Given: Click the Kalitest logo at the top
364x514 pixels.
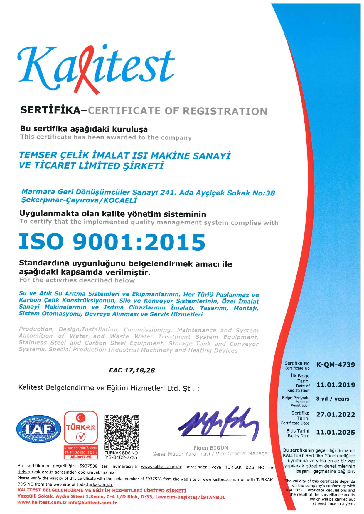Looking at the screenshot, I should tap(96, 69).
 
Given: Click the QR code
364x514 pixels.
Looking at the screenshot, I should tap(122, 432).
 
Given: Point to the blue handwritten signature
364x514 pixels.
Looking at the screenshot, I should tap(219, 422).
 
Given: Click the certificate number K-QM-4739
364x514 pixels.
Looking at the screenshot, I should tap(336, 365).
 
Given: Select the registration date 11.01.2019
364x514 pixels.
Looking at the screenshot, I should tap(336, 385).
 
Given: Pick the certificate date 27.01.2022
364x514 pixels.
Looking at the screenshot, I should tap(336, 415).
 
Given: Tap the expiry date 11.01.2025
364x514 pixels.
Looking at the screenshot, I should tap(336, 433).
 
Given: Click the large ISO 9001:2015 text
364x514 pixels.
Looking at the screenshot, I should tap(112, 242).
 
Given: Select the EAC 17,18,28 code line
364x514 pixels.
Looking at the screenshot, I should tap(132, 370).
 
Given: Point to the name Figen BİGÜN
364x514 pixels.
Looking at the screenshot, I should tap(210, 448).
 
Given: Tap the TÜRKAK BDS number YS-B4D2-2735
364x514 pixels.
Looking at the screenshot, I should tap(121, 457).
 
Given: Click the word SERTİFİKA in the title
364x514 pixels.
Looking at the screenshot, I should tap(50, 110).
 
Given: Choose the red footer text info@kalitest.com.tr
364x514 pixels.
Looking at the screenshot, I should tap(92, 503).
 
